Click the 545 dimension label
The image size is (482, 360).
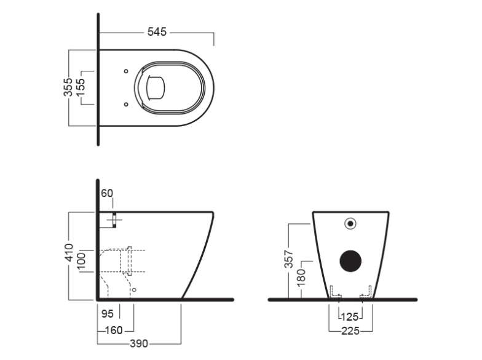click(157, 32)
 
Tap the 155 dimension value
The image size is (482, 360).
click(81, 87)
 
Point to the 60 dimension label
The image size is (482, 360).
click(106, 193)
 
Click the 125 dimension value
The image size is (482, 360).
click(350, 318)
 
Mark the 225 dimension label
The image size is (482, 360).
click(350, 331)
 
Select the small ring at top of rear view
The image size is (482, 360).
click(351, 223)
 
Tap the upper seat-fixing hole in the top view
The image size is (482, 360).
click(127, 71)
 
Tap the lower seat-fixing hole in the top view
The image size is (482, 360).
click(127, 103)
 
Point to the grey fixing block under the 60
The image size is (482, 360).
click(115, 220)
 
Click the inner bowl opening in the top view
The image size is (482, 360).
click(156, 87)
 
